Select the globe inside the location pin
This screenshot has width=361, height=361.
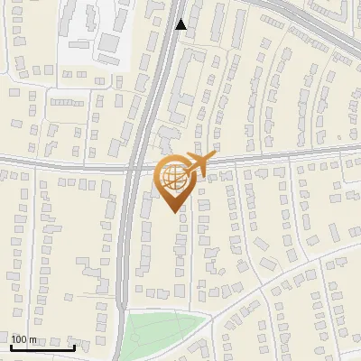pos(171,176)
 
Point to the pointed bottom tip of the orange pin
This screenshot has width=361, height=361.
pos(175,211)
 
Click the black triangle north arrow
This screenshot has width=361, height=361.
pos(181,24)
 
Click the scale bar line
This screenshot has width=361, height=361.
pos(42,347)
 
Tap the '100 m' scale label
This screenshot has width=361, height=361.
pos(24,339)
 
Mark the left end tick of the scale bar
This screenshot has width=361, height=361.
pos(11,345)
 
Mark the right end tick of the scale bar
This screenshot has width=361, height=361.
pos(74,345)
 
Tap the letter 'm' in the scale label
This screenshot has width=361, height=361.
pos(33,339)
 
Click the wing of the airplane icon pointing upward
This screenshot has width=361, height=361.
pos(198,156)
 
